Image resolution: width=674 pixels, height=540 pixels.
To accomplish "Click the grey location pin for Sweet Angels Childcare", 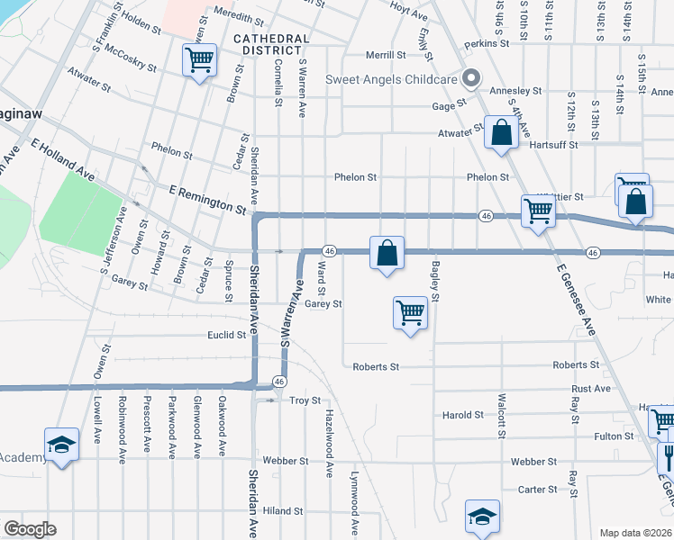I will pos(469,78).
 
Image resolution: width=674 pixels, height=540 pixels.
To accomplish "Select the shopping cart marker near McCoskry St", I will pos(199,60).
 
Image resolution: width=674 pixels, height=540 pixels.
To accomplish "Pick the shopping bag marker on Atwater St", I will pos(500,133).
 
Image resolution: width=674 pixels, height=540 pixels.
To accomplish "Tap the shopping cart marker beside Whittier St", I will pos(538,212).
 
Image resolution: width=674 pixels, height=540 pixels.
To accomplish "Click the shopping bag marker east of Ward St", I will pos(387,253).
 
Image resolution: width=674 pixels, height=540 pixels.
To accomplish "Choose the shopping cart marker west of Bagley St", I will pos(410,313).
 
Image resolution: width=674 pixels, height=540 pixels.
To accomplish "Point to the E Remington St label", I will pos(208,198).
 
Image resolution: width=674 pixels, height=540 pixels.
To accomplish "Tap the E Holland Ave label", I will pos(62,158).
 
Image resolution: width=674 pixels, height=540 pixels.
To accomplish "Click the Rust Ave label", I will pos(591,389).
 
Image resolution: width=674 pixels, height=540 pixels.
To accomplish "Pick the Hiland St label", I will pos(283,510).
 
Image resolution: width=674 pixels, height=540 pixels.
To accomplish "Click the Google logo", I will pos(30,529).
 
